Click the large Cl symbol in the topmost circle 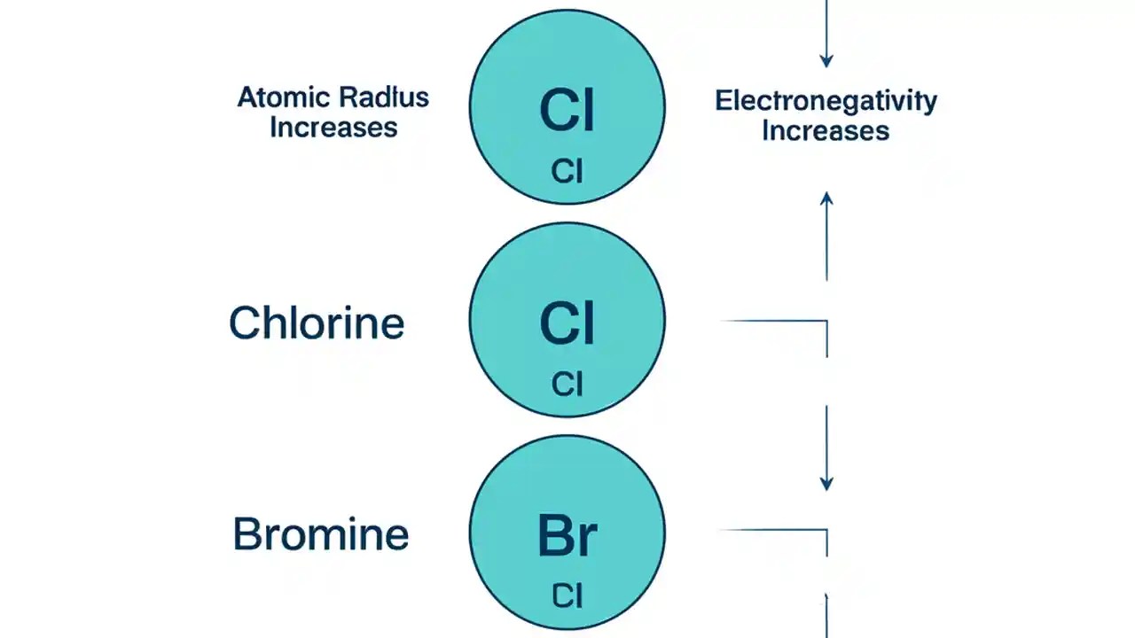[567, 111]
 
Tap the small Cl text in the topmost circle [567, 171]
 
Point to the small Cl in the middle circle [567, 384]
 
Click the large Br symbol [567, 535]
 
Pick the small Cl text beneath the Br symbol [567, 595]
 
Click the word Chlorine [317, 323]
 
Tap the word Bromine [320, 535]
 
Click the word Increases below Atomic [333, 128]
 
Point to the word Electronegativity [826, 101]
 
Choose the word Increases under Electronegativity [826, 132]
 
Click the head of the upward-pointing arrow [826, 198]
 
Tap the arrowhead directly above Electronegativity [826, 61]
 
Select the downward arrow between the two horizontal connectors [826, 447]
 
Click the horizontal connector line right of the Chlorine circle [776, 321]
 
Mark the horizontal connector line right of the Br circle [773, 530]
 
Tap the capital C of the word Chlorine [244, 323]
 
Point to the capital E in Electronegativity [722, 101]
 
